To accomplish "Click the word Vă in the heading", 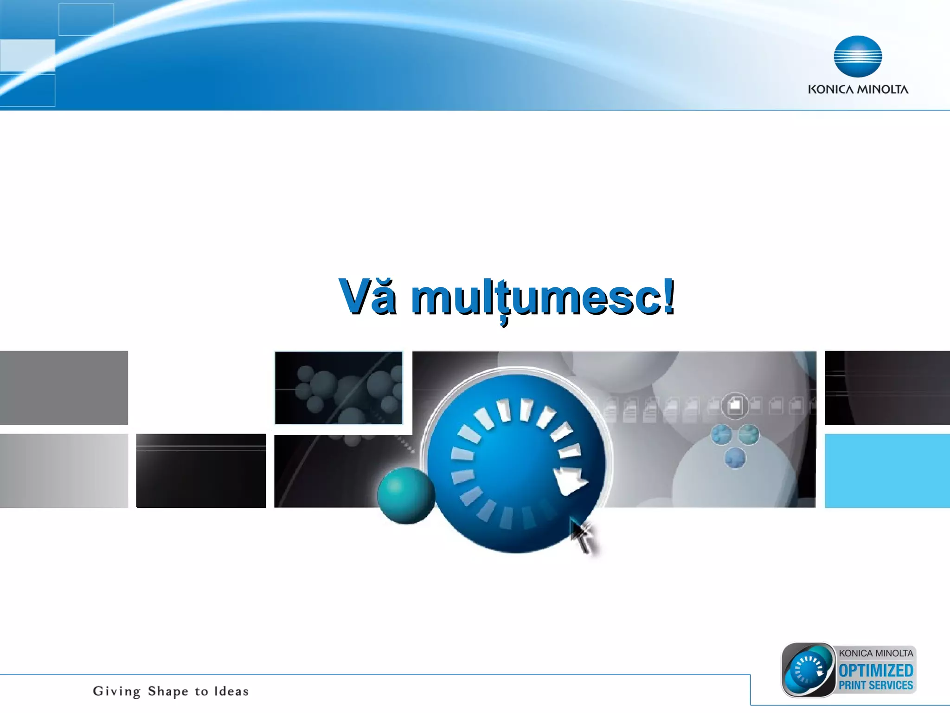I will point(367,297).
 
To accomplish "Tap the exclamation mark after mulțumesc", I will point(668,296).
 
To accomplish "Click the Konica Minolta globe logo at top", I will point(858,56).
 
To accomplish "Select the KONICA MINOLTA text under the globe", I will point(858,90).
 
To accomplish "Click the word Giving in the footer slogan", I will point(116,691).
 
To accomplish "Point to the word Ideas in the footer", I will point(231,691).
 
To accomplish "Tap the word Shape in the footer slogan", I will point(168,691).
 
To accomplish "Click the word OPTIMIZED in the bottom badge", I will point(876,671).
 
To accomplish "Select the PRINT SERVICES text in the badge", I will point(876,685).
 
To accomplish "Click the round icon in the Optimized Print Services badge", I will point(808,670).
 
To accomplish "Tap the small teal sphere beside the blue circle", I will point(405,495).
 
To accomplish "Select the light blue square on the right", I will point(887,471).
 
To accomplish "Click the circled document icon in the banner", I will point(735,406).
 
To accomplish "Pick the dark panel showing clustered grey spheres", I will point(339,388).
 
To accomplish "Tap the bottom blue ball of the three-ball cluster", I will point(735,459).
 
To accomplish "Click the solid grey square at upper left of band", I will point(64,388).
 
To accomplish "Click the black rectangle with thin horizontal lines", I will point(201,471).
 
